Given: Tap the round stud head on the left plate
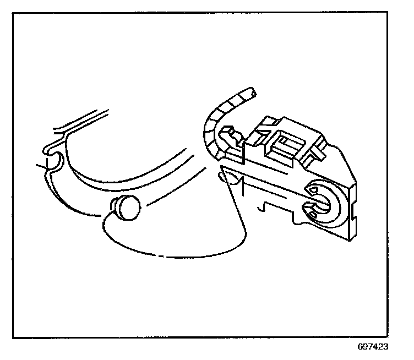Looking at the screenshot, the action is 130,207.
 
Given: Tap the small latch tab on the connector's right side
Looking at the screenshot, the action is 318,152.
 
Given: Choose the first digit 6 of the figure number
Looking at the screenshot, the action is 359,347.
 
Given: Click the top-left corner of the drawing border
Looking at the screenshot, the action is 14,13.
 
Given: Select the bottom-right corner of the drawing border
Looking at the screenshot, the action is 401,337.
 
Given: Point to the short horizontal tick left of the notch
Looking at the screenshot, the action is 40,165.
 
